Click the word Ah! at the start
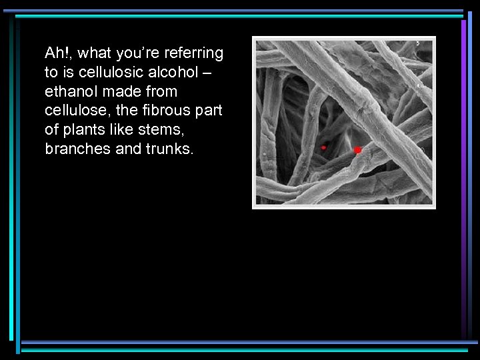click(55, 53)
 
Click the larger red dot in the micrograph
click(357, 150)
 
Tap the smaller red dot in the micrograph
click(323, 147)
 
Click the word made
click(125, 91)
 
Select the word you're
click(136, 53)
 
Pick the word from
click(162, 91)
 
